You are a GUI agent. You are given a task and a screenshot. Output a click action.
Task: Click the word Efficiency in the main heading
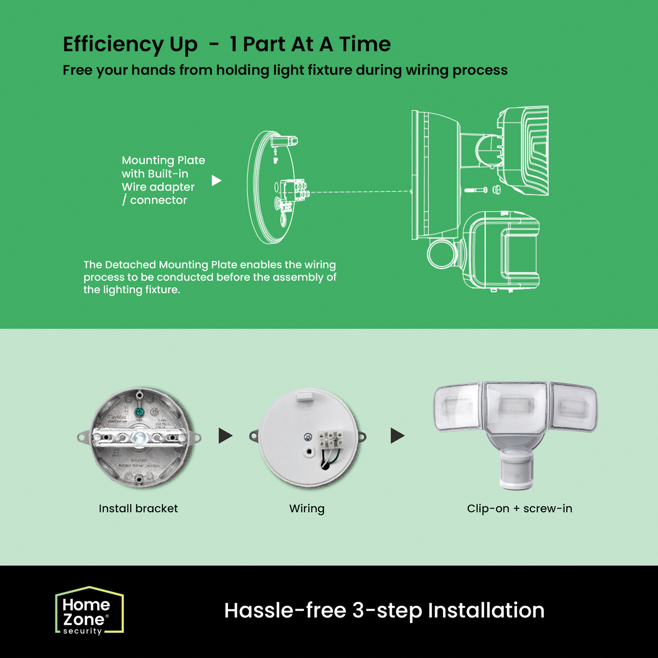[x=113, y=45]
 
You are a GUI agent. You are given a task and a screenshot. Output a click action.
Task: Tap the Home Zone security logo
[x=89, y=611]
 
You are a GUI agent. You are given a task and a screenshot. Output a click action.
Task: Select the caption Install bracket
[x=138, y=508]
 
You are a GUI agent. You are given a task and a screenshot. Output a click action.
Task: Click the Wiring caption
[x=307, y=509]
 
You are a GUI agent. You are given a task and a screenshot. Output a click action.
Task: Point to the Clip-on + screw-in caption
[x=519, y=508]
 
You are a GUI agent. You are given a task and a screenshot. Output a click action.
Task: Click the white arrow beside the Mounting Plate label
[x=216, y=180]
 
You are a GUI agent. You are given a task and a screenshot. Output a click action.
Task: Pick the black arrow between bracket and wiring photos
[x=225, y=436]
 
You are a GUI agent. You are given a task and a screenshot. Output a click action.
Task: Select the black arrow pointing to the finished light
[x=397, y=436]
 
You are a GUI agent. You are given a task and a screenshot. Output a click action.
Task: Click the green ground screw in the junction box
[x=139, y=412]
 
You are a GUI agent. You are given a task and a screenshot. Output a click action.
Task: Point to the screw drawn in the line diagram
[x=476, y=190]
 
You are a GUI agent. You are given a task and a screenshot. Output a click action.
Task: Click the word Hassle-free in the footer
[x=285, y=610]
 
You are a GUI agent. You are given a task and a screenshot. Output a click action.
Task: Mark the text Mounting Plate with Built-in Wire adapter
[x=163, y=173]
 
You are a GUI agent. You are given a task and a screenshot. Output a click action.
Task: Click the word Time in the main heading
[x=365, y=44]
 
